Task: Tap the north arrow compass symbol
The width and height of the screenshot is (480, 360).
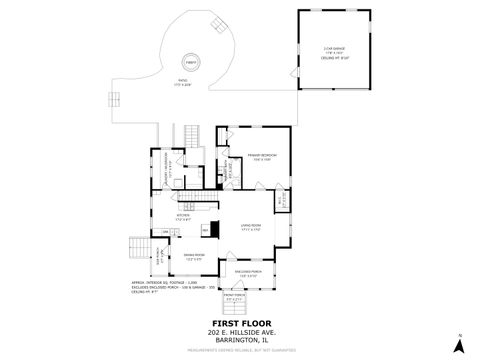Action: [459, 344]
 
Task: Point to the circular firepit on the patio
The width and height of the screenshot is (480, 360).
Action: [190, 62]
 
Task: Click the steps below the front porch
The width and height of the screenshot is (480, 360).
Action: [234, 309]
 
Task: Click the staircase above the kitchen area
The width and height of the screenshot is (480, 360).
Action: [194, 137]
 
